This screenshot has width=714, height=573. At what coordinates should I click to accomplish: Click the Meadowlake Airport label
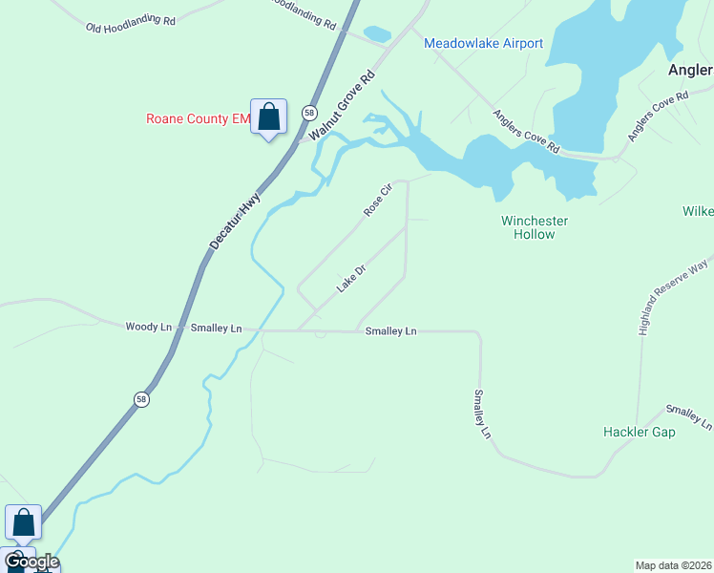pyautogui.click(x=483, y=43)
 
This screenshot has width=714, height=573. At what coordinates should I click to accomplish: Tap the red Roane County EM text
pyautogui.click(x=197, y=119)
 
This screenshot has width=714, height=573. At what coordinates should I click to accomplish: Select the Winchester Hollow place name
pyautogui.click(x=535, y=227)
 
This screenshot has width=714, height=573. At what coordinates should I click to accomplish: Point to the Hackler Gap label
pyautogui.click(x=639, y=432)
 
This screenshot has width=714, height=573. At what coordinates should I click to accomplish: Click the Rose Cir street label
pyautogui.click(x=378, y=200)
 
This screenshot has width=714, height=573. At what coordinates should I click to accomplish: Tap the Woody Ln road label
pyautogui.click(x=148, y=327)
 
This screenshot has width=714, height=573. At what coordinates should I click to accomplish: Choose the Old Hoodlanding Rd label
pyautogui.click(x=131, y=23)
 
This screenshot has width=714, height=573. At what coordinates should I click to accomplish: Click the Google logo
pyautogui.click(x=31, y=561)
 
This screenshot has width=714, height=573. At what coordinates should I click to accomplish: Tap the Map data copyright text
pyautogui.click(x=673, y=564)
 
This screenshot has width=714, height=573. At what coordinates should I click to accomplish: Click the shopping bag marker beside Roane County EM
pyautogui.click(x=268, y=117)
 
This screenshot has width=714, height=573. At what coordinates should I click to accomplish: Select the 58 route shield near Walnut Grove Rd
pyautogui.click(x=308, y=113)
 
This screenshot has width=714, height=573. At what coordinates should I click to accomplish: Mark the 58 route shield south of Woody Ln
pyautogui.click(x=141, y=400)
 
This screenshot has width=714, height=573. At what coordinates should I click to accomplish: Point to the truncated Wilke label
pyautogui.click(x=698, y=211)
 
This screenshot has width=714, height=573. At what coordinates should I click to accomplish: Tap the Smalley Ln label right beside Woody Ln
pyautogui.click(x=216, y=328)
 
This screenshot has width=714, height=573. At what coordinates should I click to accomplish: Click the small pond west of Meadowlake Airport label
pyautogui.click(x=377, y=34)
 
